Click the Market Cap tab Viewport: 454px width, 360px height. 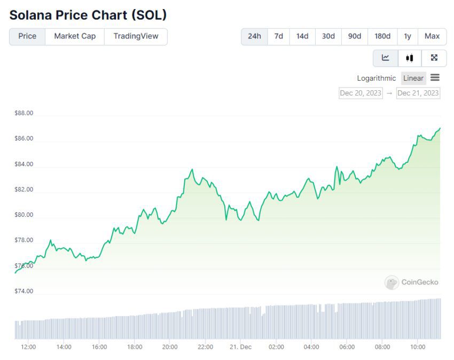click(x=75, y=36)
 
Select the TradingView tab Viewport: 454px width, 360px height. click(x=136, y=36)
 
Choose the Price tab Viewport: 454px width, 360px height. click(x=27, y=36)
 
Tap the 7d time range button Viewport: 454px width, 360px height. click(x=278, y=36)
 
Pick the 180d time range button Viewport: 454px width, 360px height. click(x=382, y=36)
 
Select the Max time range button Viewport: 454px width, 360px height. click(x=432, y=36)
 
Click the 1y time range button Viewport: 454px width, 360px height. click(x=408, y=36)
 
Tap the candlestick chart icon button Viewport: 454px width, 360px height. click(x=410, y=58)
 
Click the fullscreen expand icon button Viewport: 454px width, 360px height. click(x=434, y=58)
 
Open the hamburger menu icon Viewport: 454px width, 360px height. click(x=435, y=78)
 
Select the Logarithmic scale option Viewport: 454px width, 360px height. click(x=377, y=78)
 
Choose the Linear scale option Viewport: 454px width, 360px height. click(x=413, y=78)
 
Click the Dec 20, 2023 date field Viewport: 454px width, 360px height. click(x=361, y=93)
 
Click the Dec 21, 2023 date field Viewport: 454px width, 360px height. click(x=418, y=93)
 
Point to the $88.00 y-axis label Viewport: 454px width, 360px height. click(x=24, y=113)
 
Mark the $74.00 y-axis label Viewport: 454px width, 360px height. click(x=24, y=291)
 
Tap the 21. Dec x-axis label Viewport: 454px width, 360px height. click(x=240, y=347)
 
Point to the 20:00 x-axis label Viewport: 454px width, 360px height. click(x=170, y=347)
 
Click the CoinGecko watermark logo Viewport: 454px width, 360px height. click(x=411, y=283)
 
